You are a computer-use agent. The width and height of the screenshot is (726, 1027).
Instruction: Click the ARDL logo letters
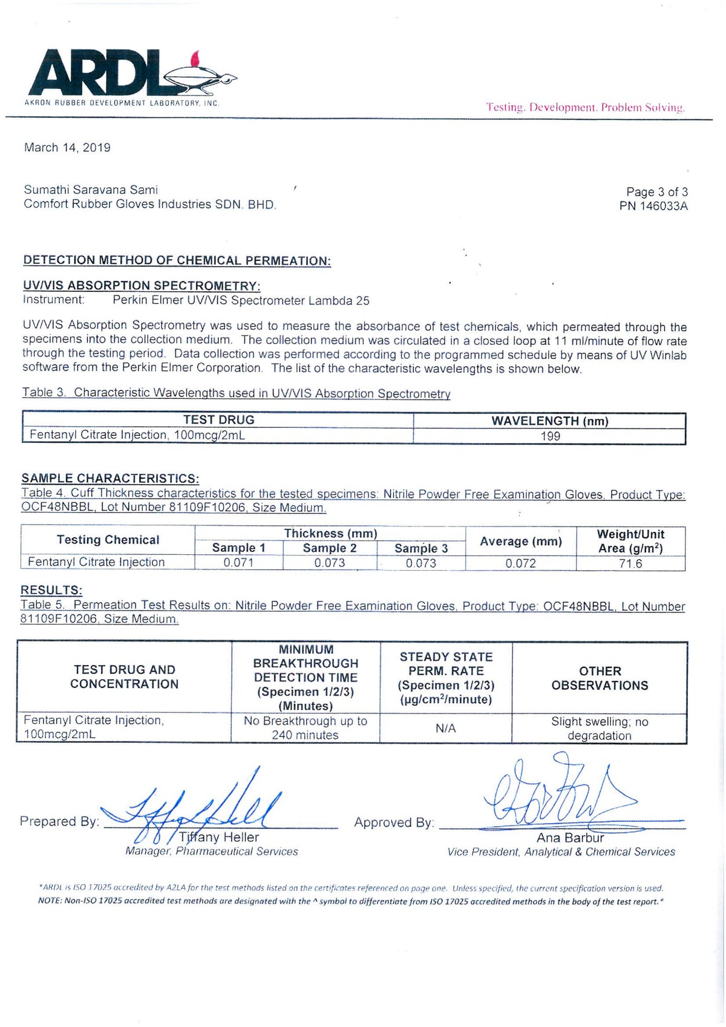click(97, 73)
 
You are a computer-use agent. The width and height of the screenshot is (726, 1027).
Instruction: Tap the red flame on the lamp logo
click(195, 59)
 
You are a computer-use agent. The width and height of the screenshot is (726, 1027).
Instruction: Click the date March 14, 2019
click(67, 148)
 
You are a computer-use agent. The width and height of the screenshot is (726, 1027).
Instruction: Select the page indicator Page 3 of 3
click(656, 192)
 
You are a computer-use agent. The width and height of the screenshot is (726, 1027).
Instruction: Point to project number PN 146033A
click(653, 206)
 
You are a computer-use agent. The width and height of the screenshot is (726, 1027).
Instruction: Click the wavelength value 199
click(550, 436)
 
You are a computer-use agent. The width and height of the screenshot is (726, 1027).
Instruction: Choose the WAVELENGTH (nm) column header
click(549, 421)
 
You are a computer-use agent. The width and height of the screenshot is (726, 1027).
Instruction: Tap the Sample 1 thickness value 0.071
click(238, 563)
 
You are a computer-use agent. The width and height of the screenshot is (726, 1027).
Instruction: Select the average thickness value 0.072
click(520, 563)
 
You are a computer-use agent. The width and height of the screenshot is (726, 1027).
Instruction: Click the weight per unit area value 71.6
click(630, 564)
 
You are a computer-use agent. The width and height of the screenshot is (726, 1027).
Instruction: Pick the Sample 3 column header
click(421, 548)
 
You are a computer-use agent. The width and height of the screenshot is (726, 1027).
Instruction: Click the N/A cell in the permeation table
click(445, 729)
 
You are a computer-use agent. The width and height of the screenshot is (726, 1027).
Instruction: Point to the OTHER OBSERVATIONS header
click(600, 678)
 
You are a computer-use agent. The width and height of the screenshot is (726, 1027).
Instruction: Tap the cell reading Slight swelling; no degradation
click(599, 729)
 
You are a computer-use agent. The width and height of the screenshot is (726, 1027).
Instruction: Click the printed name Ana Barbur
click(570, 838)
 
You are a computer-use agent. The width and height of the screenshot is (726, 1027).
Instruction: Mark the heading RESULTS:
click(51, 590)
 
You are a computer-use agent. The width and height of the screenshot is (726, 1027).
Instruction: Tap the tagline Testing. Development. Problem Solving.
click(585, 108)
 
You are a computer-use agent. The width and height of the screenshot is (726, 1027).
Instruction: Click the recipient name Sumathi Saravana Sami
click(91, 190)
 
